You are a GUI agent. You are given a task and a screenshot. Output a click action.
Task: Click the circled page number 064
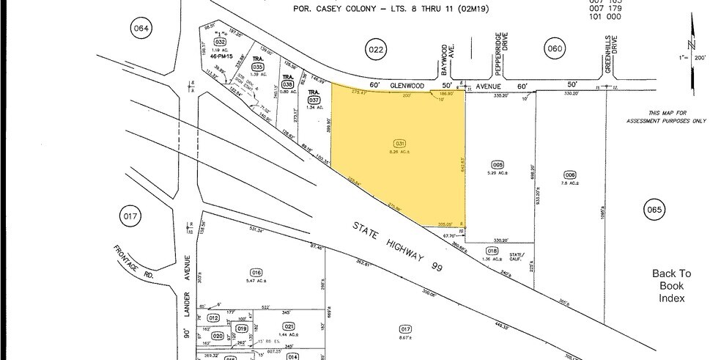click(141, 29)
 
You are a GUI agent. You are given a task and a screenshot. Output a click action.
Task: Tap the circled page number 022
click(375, 49)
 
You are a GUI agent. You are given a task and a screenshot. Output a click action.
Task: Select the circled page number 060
click(554, 49)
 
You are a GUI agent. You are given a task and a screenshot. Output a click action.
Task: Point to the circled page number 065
click(654, 210)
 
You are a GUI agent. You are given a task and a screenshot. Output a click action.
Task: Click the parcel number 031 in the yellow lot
click(399, 143)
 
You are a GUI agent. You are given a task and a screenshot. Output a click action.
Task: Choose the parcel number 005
click(498, 165)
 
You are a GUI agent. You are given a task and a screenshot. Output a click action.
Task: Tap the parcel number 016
click(256, 272)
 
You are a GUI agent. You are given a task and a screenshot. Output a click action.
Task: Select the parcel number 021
click(288, 326)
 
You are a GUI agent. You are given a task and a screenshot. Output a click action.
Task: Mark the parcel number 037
click(314, 100)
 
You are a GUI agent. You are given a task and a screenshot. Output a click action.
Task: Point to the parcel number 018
click(497, 251)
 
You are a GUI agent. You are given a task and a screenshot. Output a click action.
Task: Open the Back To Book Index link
click(671, 285)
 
